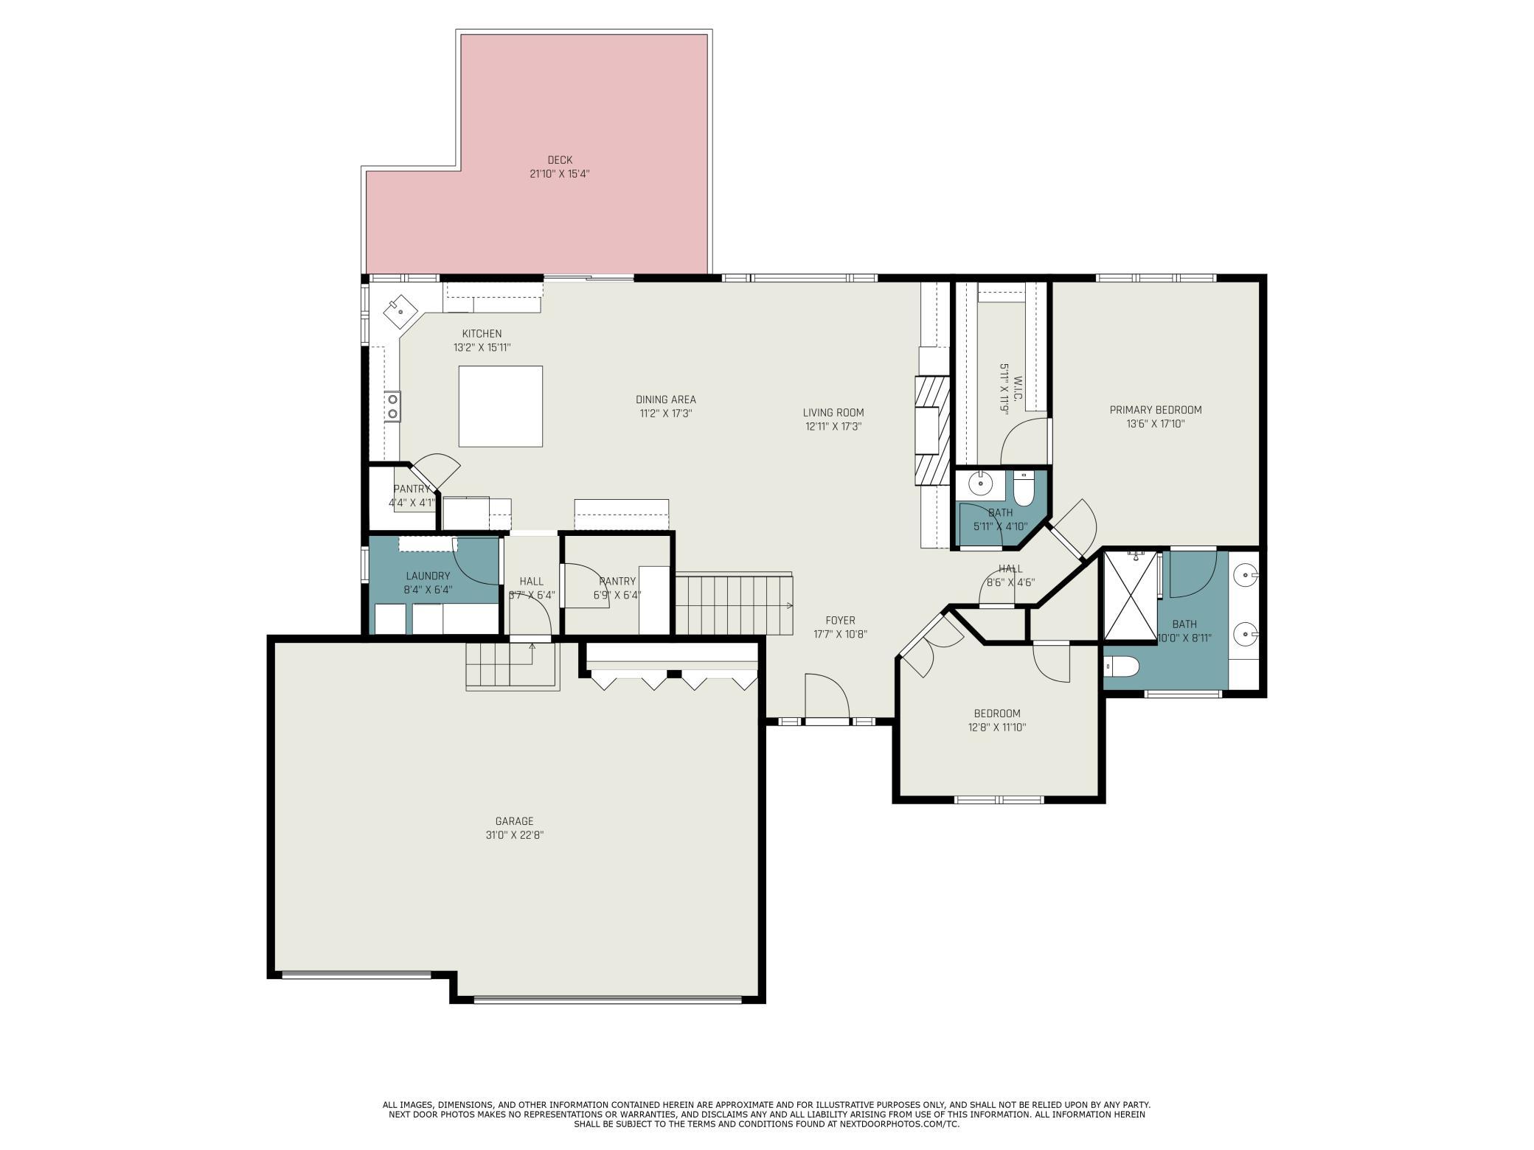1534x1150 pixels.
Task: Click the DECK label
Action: (x=560, y=160)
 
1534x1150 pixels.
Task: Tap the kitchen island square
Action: (x=501, y=406)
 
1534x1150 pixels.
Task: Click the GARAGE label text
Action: (x=514, y=821)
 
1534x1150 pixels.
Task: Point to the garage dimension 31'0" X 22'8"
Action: (x=514, y=835)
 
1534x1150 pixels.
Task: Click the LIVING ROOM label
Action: (x=833, y=413)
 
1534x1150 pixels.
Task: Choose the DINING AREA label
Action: (x=666, y=400)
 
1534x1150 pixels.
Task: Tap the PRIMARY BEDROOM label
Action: (x=1156, y=410)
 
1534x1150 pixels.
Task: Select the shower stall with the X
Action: (x=1130, y=596)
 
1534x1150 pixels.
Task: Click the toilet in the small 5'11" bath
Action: (x=1024, y=489)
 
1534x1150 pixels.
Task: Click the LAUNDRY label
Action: (x=428, y=576)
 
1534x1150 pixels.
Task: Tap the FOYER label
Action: (x=840, y=621)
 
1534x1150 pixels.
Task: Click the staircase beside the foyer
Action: (x=735, y=604)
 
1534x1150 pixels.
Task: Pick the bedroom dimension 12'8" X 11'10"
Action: (x=997, y=727)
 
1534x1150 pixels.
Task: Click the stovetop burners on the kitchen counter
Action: (x=392, y=406)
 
